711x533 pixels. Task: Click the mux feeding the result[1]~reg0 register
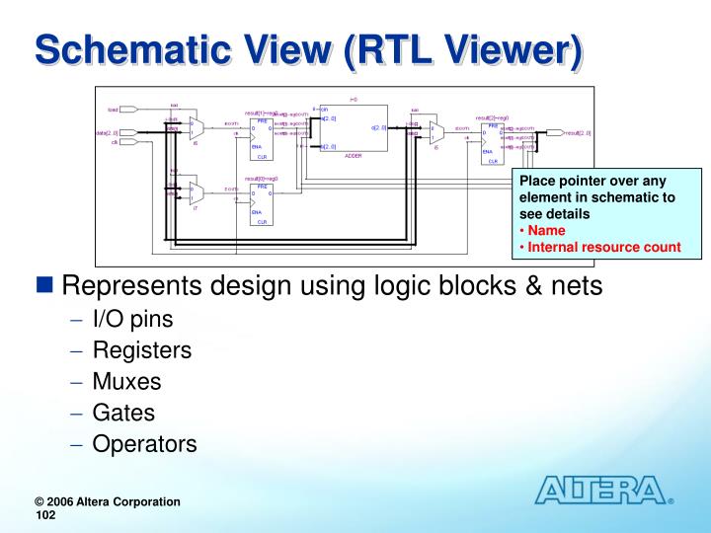pos(197,127)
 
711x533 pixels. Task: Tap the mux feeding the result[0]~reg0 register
pos(197,192)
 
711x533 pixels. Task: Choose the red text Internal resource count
pos(603,247)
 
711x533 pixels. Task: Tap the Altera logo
pos(601,490)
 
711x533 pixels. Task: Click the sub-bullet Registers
pos(142,349)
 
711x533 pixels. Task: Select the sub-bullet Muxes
pos(126,381)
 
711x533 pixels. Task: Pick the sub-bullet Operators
pos(144,444)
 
